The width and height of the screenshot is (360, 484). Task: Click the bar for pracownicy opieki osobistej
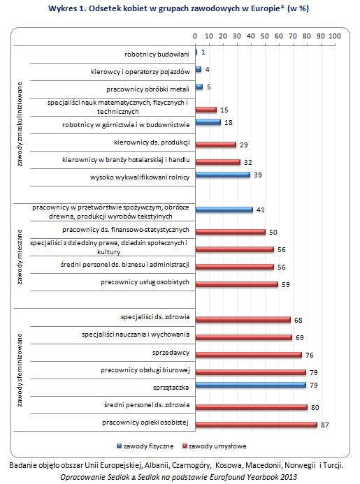tap(257, 425)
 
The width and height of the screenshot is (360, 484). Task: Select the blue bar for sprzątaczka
tap(251, 385)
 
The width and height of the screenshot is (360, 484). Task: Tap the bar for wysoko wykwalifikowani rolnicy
tap(223, 175)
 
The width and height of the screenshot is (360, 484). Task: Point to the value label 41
tap(261, 210)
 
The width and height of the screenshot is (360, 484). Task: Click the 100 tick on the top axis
tap(335, 36)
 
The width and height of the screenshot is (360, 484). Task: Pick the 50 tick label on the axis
tap(265, 36)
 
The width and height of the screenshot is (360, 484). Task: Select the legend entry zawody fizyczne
tap(145, 446)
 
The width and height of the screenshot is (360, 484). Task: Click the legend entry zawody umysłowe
tap(215, 446)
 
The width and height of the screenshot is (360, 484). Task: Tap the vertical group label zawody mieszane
tap(20, 256)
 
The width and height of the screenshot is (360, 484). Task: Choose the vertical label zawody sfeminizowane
tap(20, 369)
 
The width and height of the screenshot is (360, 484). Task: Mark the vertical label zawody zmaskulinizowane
tap(20, 124)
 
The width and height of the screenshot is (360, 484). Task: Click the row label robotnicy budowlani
tap(157, 54)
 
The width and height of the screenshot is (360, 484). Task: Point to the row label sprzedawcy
tap(171, 353)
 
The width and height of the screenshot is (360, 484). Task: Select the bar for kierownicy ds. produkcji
tap(216, 145)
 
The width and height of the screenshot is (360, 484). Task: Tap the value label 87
tap(325, 425)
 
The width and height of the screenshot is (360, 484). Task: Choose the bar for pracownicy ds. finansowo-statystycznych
tap(231, 232)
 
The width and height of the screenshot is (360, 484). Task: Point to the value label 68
tap(298, 320)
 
